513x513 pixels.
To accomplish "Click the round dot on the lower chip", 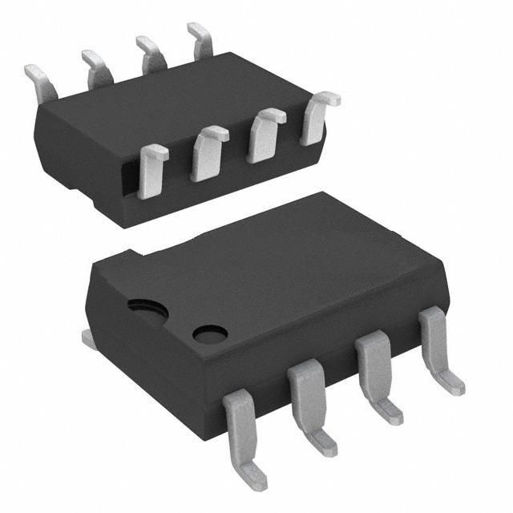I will tap(210, 333).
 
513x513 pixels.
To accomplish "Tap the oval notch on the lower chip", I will tap(143, 305).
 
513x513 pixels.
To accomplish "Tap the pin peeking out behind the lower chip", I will tap(90, 339).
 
